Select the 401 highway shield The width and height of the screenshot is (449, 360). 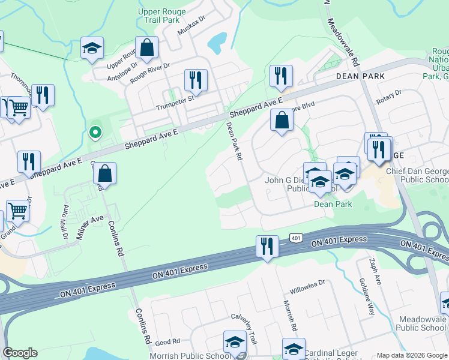coord(295,238)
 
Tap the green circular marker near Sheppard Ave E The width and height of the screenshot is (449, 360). coord(94,131)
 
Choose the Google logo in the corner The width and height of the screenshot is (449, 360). coord(20,353)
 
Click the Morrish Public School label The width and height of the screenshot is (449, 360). coord(191,355)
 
